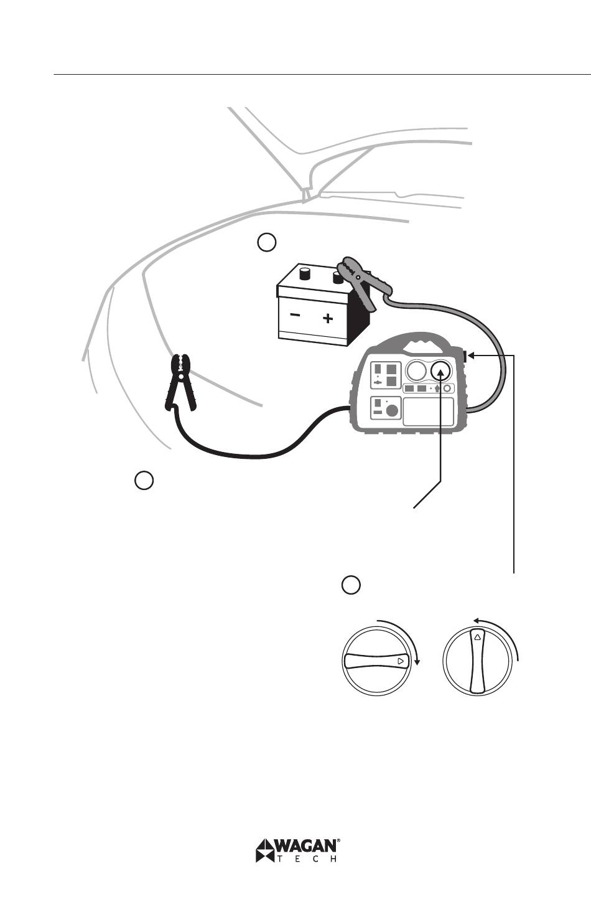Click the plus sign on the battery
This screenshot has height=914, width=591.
point(328,319)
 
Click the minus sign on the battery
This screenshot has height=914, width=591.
point(294,316)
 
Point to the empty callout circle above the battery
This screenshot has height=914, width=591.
point(266,242)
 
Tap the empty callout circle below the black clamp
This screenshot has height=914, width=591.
point(144,481)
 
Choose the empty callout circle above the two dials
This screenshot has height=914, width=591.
point(351,585)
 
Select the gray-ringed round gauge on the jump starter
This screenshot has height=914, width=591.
point(415,372)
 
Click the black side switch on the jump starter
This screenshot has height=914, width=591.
point(465,356)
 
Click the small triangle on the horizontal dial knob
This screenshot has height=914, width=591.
point(401,661)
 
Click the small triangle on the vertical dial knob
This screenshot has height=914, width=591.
point(477,637)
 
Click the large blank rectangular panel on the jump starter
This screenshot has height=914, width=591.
point(428,412)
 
